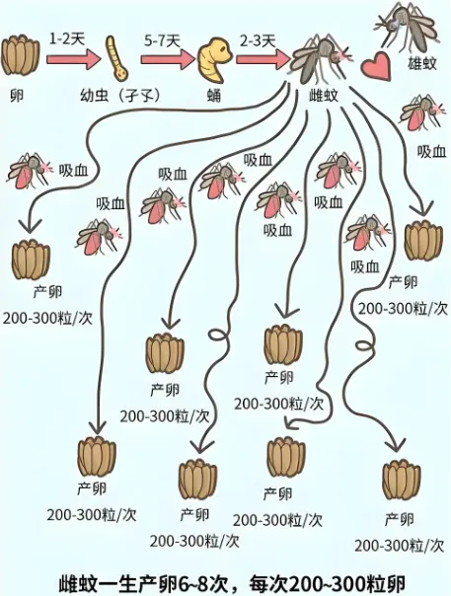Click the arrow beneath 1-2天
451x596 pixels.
pyautogui.click(x=74, y=60)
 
